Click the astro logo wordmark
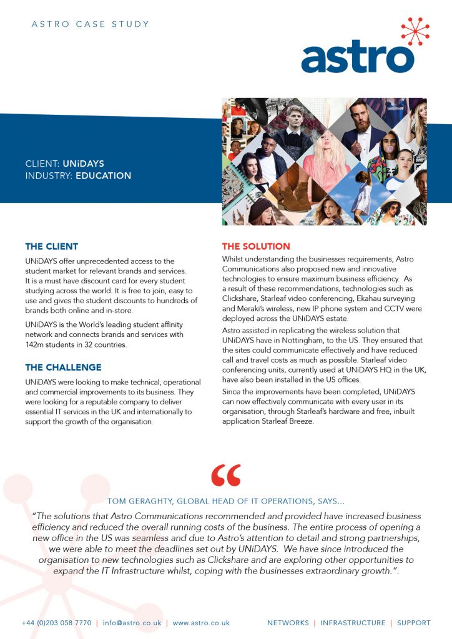click(358, 57)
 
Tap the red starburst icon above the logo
click(415, 31)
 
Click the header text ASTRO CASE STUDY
click(90, 24)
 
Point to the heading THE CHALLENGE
click(63, 367)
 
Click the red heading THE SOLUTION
click(256, 246)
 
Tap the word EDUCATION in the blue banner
click(104, 176)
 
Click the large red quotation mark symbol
click(226, 477)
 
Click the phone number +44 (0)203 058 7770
click(56, 623)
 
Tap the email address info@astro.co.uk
click(132, 623)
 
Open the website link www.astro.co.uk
click(201, 623)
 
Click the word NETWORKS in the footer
click(288, 623)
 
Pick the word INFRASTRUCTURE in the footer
click(353, 623)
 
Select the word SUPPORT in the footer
click(414, 623)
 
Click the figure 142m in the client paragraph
click(36, 345)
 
